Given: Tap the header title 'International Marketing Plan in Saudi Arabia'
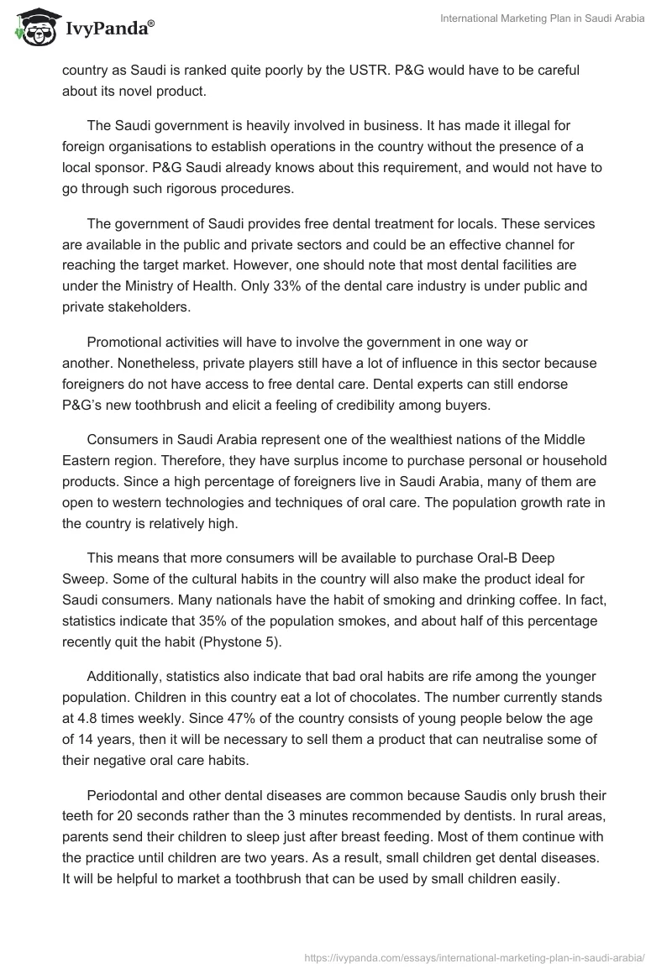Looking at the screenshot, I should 543,18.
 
